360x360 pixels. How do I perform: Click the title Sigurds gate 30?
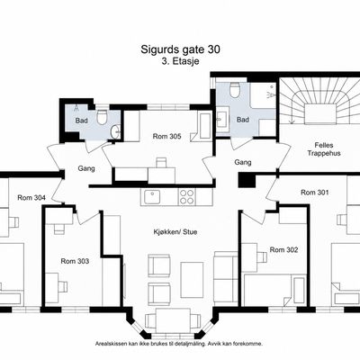tap(180, 49)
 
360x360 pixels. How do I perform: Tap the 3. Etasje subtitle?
tap(180, 61)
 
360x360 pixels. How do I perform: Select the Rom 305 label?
tap(167, 136)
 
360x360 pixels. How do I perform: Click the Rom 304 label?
tap(31, 197)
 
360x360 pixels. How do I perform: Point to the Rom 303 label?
tap(75, 261)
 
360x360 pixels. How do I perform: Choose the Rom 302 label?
tap(283, 249)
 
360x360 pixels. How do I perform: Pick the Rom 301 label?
tap(315, 192)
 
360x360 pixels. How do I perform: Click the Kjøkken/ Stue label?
tap(175, 231)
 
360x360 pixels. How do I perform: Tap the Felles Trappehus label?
tap(324, 149)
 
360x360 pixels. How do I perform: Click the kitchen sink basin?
tap(152, 197)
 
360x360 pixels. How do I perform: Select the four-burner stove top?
tap(186, 197)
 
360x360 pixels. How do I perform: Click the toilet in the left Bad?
tap(103, 117)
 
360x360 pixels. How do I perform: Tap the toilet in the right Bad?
tap(234, 90)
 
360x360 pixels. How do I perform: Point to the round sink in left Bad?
tap(115, 131)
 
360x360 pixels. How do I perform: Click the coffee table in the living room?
tap(192, 280)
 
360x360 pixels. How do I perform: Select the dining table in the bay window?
tap(173, 320)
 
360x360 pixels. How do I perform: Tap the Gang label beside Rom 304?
tap(86, 168)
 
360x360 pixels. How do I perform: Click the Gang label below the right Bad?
tap(243, 162)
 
